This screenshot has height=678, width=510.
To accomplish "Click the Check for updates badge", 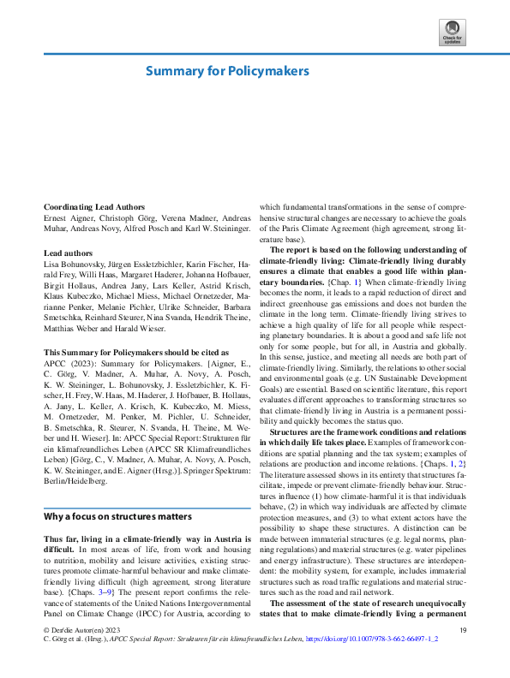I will [x=452, y=32].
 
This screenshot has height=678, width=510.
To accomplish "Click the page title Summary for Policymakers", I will [x=226, y=71].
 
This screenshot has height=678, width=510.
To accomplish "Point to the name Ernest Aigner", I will [x=68, y=219].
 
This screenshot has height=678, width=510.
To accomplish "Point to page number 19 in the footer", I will [x=462, y=655].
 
